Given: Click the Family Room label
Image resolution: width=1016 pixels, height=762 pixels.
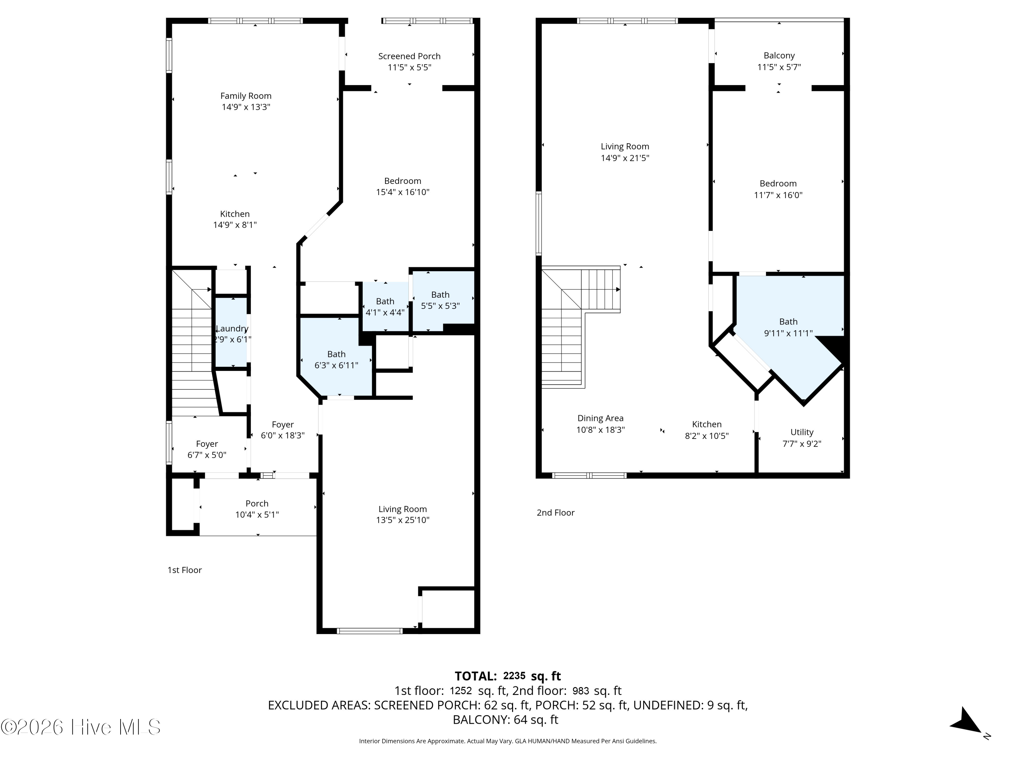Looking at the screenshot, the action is (246, 96).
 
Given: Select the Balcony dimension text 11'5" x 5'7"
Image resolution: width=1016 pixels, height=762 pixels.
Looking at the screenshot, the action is (779, 67).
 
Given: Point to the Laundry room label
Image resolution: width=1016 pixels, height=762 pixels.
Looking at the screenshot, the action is (232, 329).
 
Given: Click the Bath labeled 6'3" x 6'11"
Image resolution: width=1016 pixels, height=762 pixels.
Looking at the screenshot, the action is (336, 360).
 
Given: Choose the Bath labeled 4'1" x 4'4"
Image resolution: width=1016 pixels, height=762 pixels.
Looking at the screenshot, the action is (385, 307).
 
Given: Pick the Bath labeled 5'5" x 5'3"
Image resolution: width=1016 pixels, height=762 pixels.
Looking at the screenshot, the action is (440, 300).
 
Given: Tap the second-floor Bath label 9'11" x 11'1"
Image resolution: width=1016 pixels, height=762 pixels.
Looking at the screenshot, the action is (788, 327).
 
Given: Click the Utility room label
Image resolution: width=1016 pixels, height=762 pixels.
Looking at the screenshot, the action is (802, 432).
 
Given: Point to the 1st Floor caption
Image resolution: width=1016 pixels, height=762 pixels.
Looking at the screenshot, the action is (185, 570).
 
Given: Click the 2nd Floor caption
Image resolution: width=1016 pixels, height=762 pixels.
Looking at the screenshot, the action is (556, 513).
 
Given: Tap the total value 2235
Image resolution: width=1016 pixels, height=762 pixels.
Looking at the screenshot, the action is (514, 676).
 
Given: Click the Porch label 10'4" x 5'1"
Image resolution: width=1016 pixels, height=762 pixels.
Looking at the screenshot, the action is (257, 509).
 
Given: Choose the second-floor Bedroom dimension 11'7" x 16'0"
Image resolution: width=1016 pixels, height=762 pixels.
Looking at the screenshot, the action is (778, 195).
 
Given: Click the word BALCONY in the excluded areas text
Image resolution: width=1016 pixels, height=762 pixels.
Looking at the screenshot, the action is (481, 720).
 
